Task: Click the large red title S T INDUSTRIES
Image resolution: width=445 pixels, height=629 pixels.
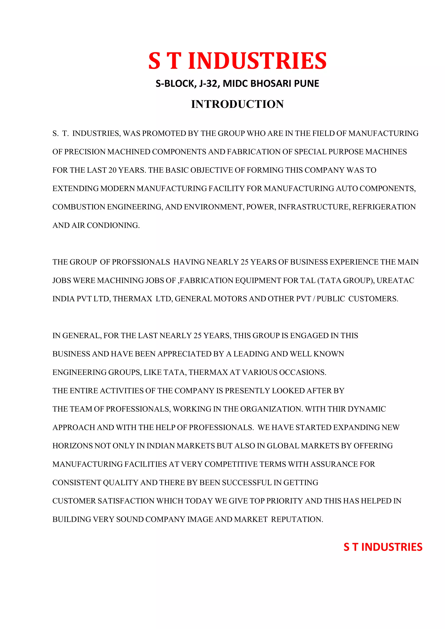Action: coord(237,61)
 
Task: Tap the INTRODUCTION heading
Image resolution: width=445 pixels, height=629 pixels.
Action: coord(237,104)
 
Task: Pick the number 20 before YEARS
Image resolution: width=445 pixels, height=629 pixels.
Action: coord(112,170)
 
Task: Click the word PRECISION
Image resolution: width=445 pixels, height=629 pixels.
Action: coord(85,152)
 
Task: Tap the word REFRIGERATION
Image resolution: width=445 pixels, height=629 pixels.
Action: coord(384,207)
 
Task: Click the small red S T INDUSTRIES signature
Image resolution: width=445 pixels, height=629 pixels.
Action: coord(383,547)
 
